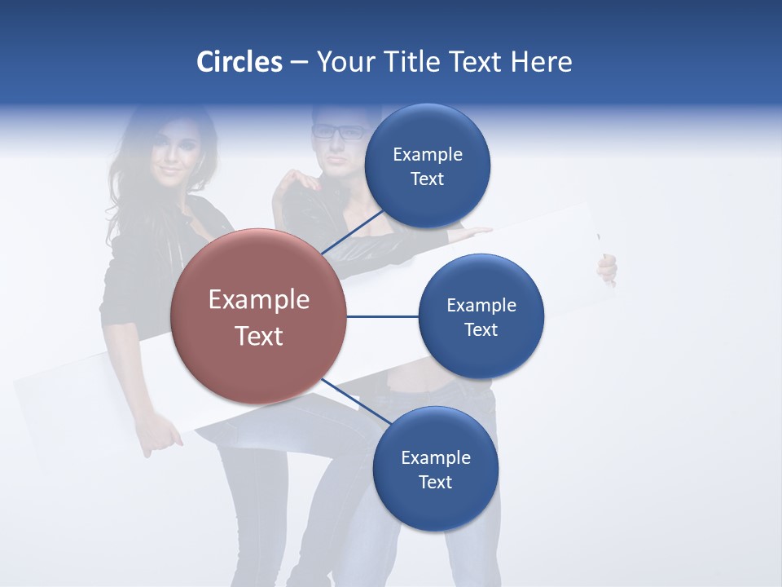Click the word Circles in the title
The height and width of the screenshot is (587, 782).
239,62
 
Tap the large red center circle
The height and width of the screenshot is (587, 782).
258,317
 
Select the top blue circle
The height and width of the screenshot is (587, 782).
428,166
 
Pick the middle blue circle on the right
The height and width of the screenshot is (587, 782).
481,316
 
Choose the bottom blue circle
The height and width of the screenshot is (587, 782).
435,469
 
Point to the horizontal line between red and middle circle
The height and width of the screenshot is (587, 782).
382,316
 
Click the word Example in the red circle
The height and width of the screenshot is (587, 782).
258,300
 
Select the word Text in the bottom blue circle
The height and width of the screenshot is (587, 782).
435,482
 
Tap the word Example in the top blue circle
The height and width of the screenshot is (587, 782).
428,154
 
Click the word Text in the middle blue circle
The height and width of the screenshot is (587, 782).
481,329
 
